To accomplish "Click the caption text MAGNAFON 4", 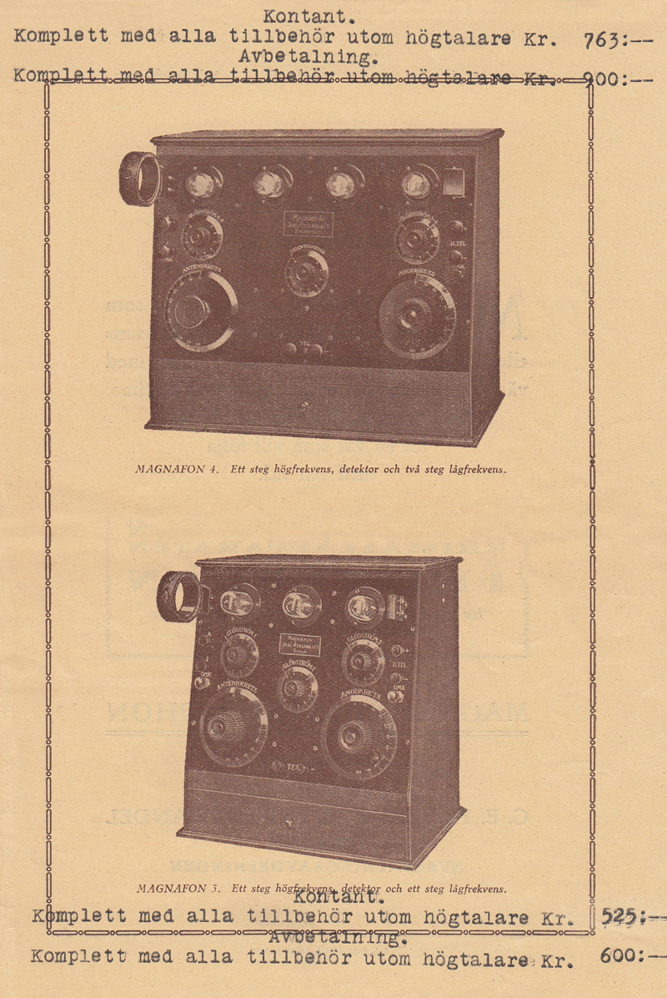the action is tap(176, 469).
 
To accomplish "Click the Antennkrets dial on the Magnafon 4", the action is tap(198, 310).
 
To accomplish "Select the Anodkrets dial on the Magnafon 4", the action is tap(416, 316).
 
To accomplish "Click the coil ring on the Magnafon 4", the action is tap(139, 179).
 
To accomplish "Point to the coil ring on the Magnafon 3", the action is tap(178, 596).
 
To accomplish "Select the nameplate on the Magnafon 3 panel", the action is tap(299, 646).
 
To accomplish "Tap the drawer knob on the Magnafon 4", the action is tap(304, 407).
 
